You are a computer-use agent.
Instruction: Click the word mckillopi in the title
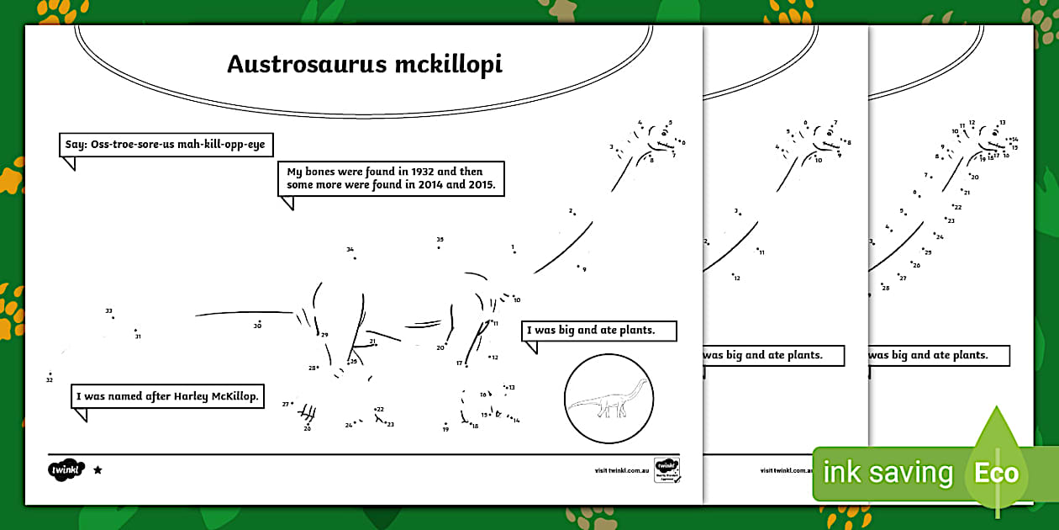(448, 65)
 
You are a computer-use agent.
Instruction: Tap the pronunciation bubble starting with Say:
(166, 145)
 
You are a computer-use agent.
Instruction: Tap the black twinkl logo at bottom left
(67, 469)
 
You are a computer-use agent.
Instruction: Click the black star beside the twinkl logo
(97, 469)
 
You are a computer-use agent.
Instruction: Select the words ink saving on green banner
(888, 473)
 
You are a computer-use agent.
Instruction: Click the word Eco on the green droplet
(996, 473)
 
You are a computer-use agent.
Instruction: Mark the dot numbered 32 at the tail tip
(50, 374)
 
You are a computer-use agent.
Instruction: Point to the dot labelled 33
(113, 317)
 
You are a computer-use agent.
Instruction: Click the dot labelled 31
(135, 331)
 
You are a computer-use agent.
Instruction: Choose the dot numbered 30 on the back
(260, 321)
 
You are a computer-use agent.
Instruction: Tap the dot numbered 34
(354, 257)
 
